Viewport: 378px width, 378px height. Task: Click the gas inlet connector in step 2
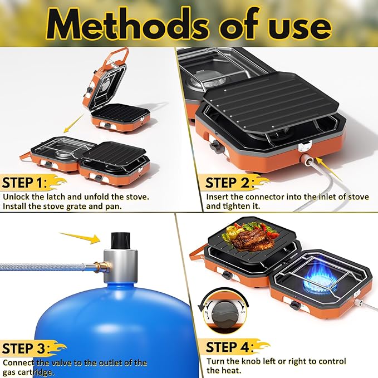pyautogui.click(x=306, y=159)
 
